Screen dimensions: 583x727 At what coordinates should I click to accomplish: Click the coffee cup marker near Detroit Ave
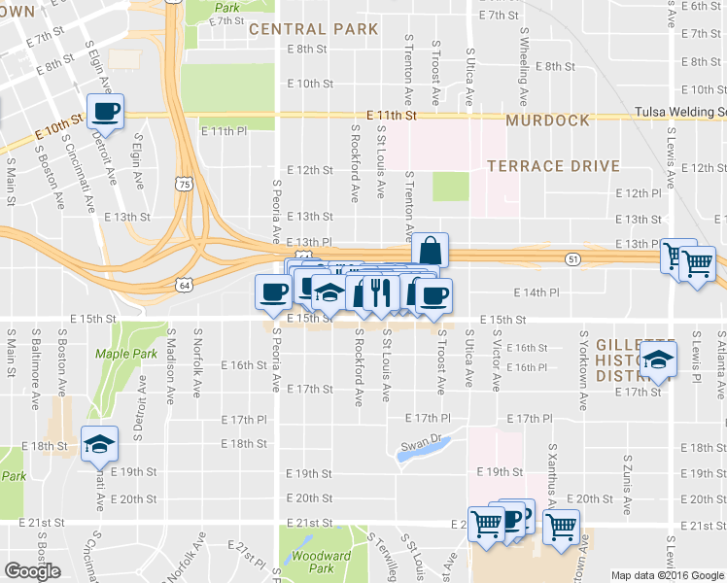(x=105, y=110)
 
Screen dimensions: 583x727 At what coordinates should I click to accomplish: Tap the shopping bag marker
(x=430, y=250)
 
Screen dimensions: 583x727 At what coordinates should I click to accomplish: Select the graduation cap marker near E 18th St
(x=98, y=444)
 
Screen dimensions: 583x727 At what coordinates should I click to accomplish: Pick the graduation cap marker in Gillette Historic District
(x=658, y=362)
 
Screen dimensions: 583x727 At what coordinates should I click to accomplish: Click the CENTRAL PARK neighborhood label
(x=313, y=29)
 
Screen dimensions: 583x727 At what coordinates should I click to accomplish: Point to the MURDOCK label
(x=547, y=120)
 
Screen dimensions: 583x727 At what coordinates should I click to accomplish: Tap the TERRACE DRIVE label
(x=553, y=166)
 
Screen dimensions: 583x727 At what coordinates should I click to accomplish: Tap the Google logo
(x=32, y=570)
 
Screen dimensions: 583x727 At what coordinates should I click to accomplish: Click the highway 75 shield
(x=185, y=183)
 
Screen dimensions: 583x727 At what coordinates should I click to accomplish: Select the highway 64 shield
(x=185, y=285)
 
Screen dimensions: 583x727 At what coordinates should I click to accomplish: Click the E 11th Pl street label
(x=218, y=130)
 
